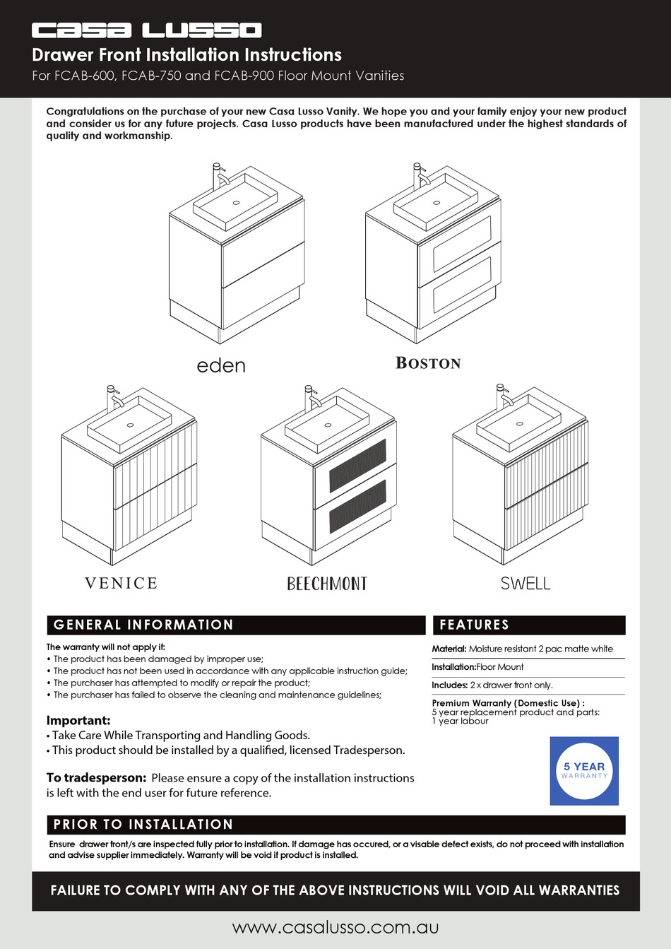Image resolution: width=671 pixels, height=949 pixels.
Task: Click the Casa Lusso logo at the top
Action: pyautogui.click(x=146, y=30)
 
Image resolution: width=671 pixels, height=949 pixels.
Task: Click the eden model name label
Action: pyautogui.click(x=221, y=365)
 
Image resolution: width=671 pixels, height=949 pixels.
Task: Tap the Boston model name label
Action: pyautogui.click(x=428, y=363)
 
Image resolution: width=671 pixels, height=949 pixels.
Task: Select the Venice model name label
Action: pyautogui.click(x=121, y=583)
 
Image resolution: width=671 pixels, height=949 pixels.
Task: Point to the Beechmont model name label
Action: pyautogui.click(x=327, y=584)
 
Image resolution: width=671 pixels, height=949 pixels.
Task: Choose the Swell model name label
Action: pyautogui.click(x=525, y=584)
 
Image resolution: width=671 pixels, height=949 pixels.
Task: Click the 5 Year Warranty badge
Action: pyautogui.click(x=584, y=771)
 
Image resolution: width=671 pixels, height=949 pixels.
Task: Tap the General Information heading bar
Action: pyautogui.click(x=235, y=625)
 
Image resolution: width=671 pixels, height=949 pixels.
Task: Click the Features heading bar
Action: pyautogui.click(x=528, y=625)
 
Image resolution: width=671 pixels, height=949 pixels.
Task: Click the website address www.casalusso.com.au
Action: pyautogui.click(x=335, y=927)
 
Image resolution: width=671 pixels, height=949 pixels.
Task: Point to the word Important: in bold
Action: pyautogui.click(x=78, y=721)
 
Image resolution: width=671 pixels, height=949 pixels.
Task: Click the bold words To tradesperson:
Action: pyautogui.click(x=96, y=777)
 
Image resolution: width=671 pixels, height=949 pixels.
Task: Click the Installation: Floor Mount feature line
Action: pyautogui.click(x=478, y=667)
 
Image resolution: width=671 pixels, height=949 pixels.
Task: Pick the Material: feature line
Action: pyautogui.click(x=523, y=649)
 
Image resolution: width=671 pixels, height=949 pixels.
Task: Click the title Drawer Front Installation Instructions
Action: pyautogui.click(x=187, y=55)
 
